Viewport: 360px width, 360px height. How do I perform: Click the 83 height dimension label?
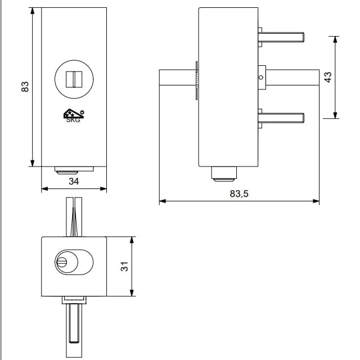pyautogui.click(x=25, y=87)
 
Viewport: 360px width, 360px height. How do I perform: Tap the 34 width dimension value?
pyautogui.click(x=74, y=181)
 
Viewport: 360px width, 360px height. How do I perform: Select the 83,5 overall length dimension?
pyautogui.click(x=239, y=193)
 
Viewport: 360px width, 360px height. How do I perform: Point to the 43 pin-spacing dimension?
pyautogui.click(x=328, y=77)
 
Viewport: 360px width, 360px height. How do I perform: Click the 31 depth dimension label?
pyautogui.click(x=124, y=266)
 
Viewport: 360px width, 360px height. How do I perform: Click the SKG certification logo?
pyautogui.click(x=74, y=115)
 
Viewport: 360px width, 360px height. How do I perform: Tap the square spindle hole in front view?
pyautogui.click(x=74, y=79)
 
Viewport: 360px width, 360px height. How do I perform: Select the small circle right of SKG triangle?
pyautogui.click(x=82, y=112)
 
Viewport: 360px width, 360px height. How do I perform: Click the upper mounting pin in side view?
pyautogui.click(x=281, y=37)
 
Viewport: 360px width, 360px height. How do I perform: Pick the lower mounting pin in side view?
pyautogui.click(x=281, y=118)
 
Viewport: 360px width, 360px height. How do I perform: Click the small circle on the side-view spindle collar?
pyautogui.click(x=261, y=78)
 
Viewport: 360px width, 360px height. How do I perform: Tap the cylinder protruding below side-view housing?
pyautogui.click(x=224, y=174)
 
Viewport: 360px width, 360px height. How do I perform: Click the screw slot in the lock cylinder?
pyautogui.click(x=62, y=262)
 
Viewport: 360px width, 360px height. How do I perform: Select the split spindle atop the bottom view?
pyautogui.click(x=74, y=217)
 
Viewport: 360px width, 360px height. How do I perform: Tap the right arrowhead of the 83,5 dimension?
pyautogui.click(x=316, y=201)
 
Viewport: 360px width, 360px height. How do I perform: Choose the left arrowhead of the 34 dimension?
pyautogui.click(x=45, y=189)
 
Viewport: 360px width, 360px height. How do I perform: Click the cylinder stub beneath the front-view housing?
pyautogui.click(x=74, y=170)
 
